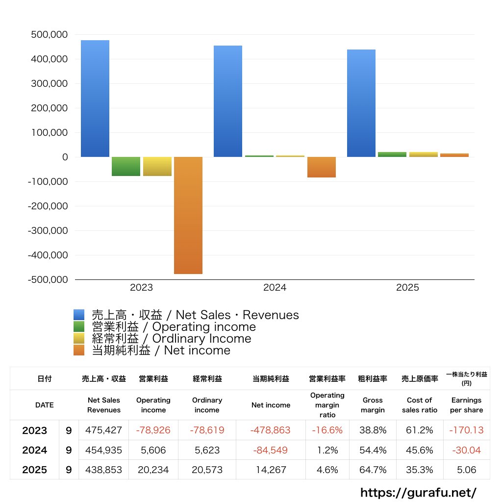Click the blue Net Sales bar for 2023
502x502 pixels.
coord(95,99)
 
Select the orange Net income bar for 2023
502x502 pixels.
coord(188,215)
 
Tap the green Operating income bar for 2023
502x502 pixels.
coord(126,166)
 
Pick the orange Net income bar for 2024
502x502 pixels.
coord(322,167)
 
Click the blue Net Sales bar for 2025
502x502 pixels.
coord(361,103)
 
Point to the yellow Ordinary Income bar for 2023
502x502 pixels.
coord(157,166)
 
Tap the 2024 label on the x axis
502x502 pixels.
coord(275,288)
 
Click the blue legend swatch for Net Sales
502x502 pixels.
coord(79,315)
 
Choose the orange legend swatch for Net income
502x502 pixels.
coord(79,351)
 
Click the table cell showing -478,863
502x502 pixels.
coord(271,430)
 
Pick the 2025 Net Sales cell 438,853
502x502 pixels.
coord(103,470)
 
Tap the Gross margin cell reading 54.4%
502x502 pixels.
coord(373,450)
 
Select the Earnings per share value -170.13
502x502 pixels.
coord(466,430)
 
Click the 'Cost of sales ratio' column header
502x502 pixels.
coord(419,405)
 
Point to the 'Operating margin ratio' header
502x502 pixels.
coord(327,405)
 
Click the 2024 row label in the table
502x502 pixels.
coord(34,450)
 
